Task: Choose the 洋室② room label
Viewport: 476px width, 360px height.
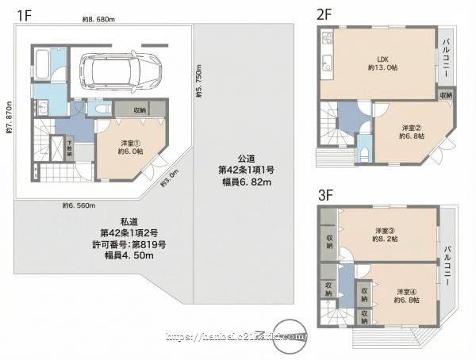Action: pyautogui.click(x=411, y=130)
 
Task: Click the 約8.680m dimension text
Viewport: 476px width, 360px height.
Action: pyautogui.click(x=98, y=18)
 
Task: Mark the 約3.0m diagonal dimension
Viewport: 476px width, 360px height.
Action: pyautogui.click(x=169, y=180)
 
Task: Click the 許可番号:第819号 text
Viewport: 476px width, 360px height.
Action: pyautogui.click(x=132, y=244)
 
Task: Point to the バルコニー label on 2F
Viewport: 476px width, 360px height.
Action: pyautogui.click(x=447, y=58)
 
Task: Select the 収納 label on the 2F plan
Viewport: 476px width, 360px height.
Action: pyautogui.click(x=447, y=95)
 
